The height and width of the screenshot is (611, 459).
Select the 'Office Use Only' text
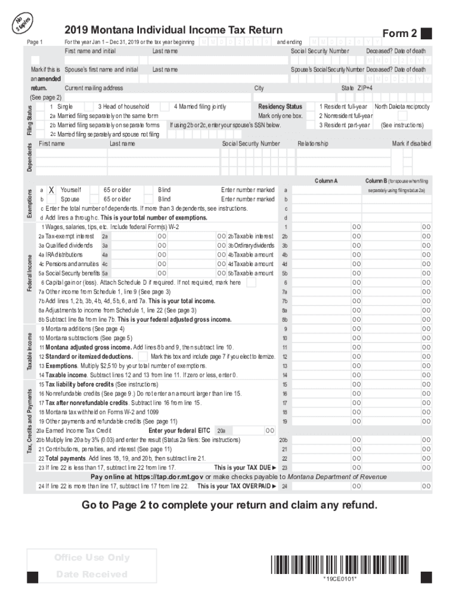pos(92,557)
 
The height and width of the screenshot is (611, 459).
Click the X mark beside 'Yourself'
pos(52,190)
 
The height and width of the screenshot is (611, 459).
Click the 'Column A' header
pos(326,180)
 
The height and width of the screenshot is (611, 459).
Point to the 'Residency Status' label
pos(280,107)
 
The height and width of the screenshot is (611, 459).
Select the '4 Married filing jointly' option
pos(200,107)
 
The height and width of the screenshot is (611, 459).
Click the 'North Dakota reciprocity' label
pos(402,107)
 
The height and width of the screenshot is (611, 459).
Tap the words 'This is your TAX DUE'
pos(245,468)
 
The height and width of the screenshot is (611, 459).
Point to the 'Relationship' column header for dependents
pos(312,144)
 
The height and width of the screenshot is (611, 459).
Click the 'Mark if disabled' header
pos(411,144)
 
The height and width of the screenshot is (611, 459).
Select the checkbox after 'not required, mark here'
pos(251,282)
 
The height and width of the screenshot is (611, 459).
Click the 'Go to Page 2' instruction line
pos(229,505)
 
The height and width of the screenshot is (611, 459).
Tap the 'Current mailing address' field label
pos(94,88)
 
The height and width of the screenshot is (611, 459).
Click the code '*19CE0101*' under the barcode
pos(340,579)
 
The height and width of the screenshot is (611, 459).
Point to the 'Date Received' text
pos(92,574)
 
